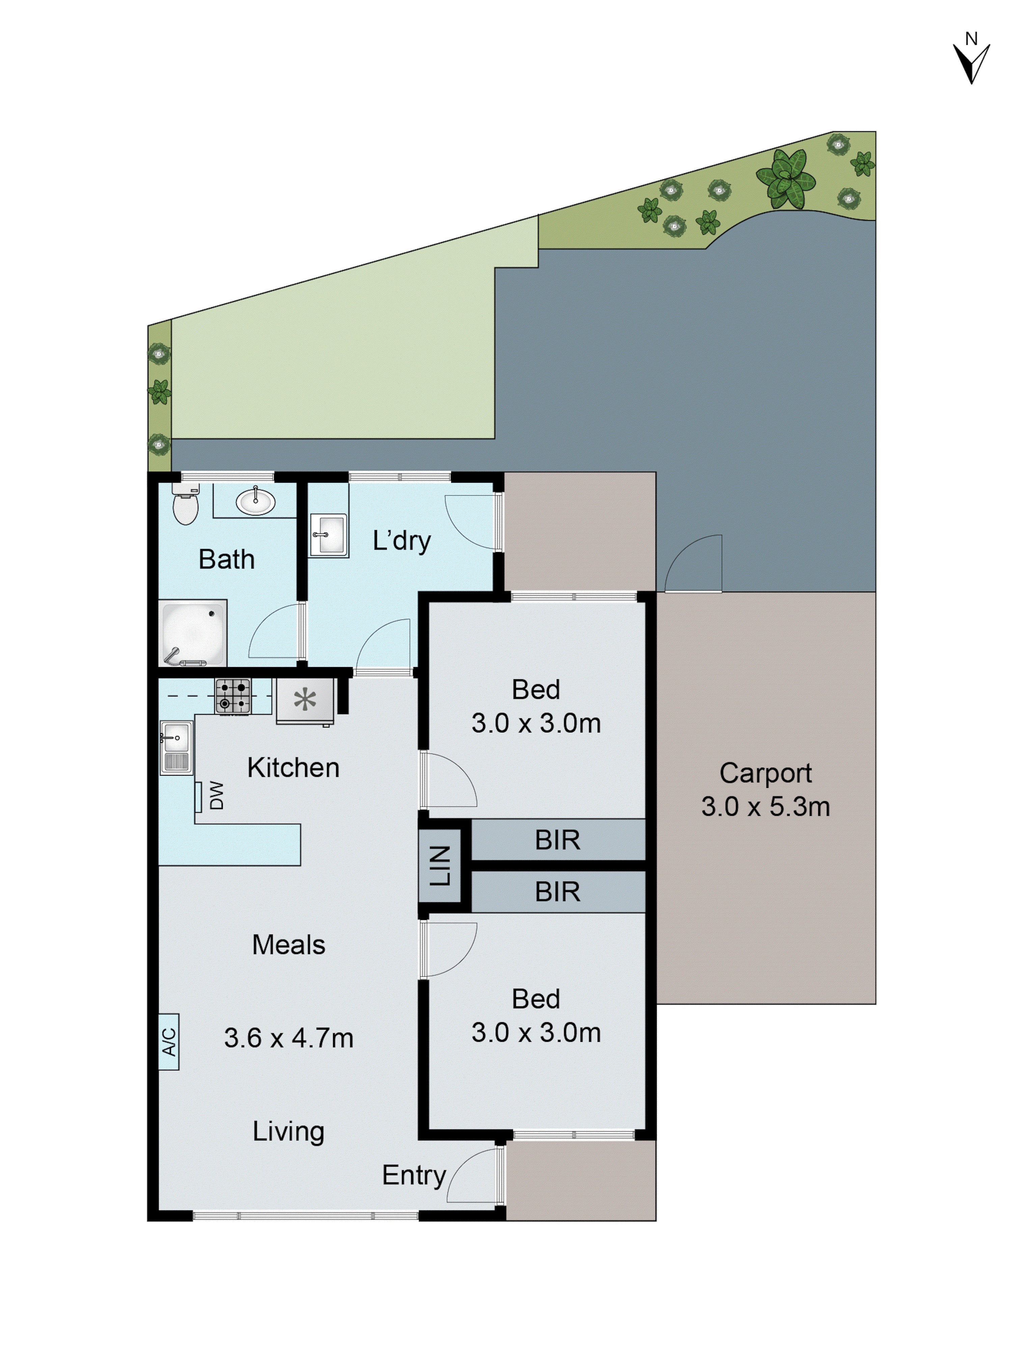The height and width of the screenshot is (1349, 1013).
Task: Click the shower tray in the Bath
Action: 192,633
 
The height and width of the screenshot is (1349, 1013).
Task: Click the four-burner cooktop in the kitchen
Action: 232,696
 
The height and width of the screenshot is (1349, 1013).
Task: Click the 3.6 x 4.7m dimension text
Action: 289,1038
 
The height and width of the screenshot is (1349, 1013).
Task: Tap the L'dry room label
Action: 402,540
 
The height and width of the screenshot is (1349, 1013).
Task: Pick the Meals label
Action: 289,945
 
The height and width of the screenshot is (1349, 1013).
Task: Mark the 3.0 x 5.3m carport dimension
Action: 765,807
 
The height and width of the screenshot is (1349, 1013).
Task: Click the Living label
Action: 289,1131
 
